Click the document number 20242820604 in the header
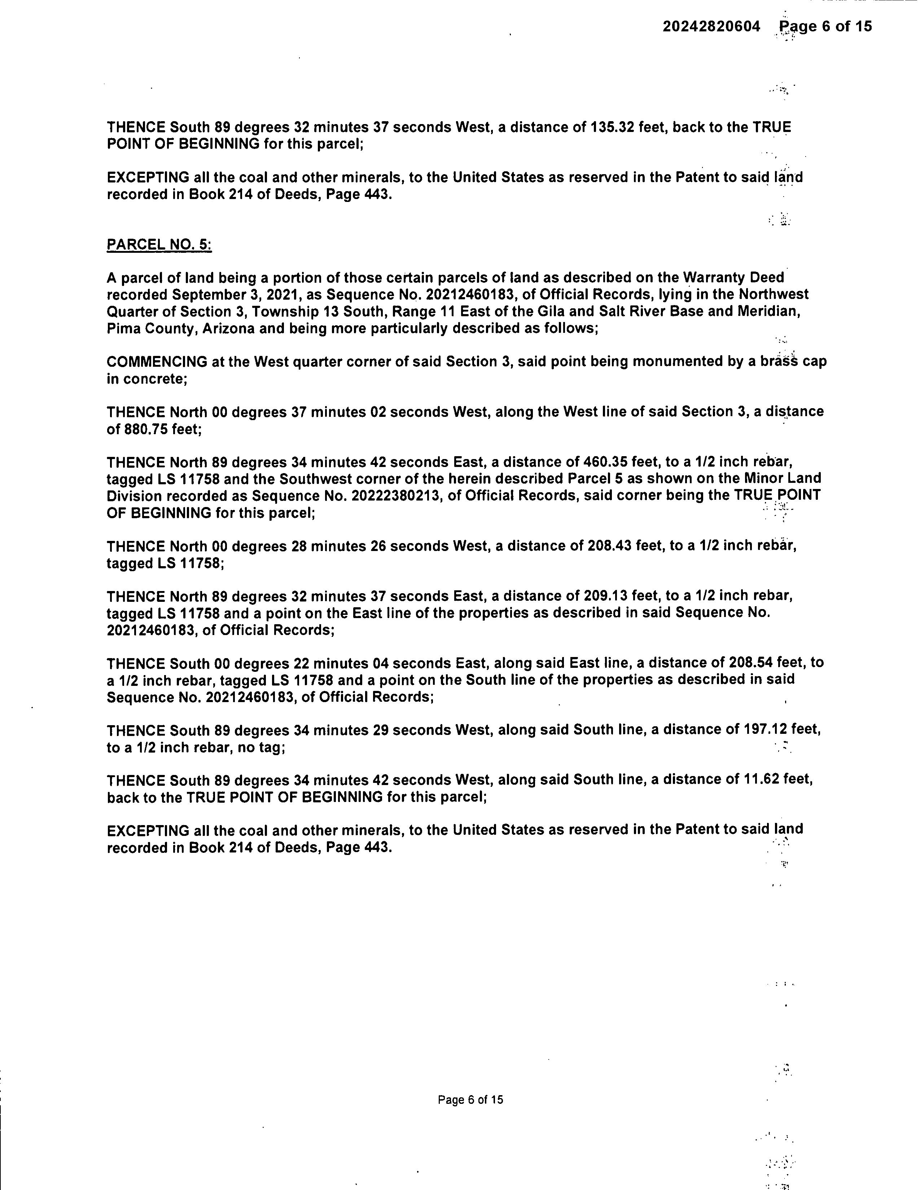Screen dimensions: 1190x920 point(711,27)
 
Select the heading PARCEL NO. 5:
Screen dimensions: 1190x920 point(159,244)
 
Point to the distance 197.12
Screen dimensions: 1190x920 point(765,730)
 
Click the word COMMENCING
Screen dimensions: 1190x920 point(157,362)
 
